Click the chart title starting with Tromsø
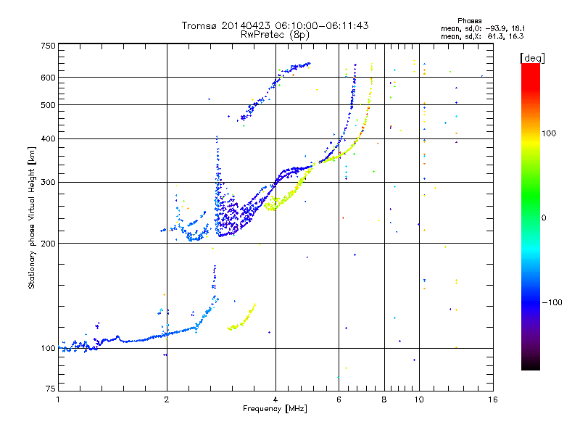click(275, 25)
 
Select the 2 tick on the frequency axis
click(167, 399)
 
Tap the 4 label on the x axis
click(275, 399)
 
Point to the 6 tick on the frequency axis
click(339, 399)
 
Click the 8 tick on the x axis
click(384, 399)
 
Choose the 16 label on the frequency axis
click(492, 399)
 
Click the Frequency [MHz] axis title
click(275, 410)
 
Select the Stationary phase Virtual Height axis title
click(32, 218)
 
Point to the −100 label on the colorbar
click(552, 302)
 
